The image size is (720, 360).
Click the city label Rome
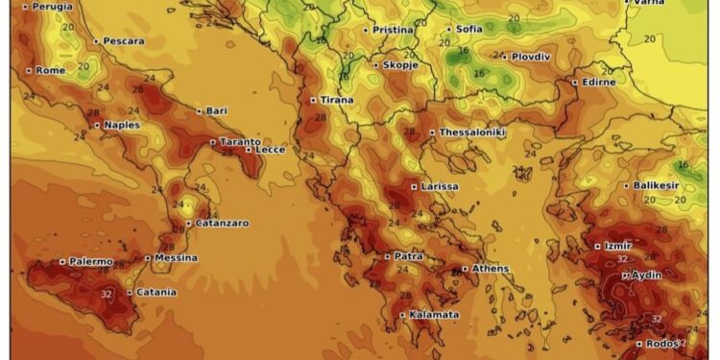coord(51,70)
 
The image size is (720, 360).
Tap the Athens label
coord(491,269)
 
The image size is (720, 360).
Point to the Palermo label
coord(91,261)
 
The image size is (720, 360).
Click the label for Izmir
coord(618,247)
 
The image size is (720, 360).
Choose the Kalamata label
coord(434,315)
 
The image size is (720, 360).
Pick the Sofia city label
coord(469,29)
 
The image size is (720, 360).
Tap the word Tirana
coord(336,100)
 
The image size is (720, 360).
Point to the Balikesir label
coord(658,185)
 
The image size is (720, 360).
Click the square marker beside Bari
coord(199,111)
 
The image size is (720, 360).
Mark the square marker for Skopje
coord(376,64)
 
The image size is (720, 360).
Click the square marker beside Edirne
coord(575,82)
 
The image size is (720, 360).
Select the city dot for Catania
coord(130,292)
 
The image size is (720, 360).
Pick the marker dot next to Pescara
coord(96,41)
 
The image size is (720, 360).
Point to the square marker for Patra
coord(386,256)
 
